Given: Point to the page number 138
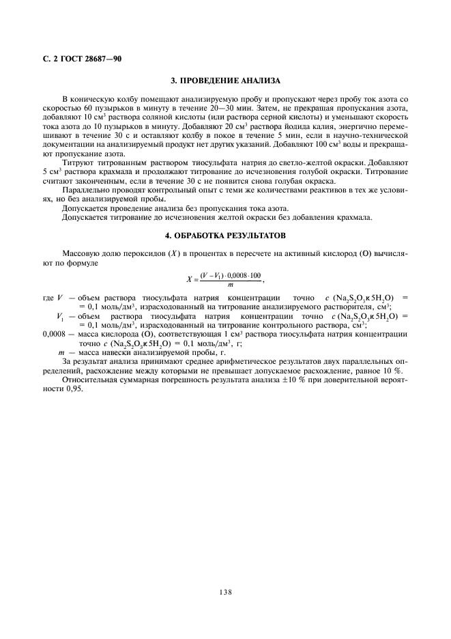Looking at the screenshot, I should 225,592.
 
